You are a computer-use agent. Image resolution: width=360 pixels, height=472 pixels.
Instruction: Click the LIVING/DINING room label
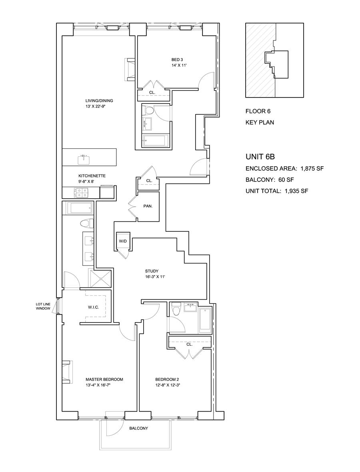96,101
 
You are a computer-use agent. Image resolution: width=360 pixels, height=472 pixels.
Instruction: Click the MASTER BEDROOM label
104,379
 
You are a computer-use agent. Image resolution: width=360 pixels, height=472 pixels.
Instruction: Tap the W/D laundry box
122,241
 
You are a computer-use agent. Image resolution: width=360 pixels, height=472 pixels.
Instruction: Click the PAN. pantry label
148,207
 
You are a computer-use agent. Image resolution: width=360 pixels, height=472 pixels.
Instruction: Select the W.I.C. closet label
93,307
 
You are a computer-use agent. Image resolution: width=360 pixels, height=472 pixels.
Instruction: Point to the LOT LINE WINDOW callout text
43,306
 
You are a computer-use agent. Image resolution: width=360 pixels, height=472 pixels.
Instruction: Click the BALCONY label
138,428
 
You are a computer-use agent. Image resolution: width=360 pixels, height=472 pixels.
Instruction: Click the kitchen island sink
84,159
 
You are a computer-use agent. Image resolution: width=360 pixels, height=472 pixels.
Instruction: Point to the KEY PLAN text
260,122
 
